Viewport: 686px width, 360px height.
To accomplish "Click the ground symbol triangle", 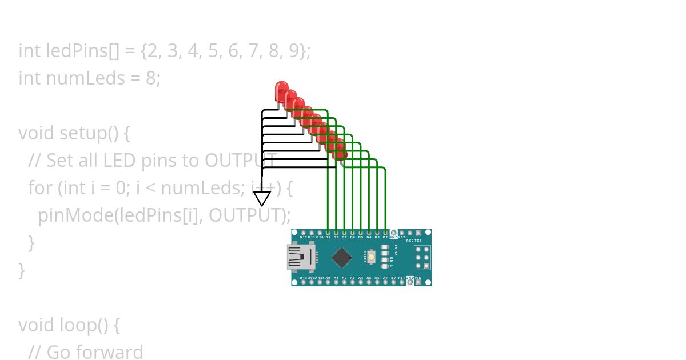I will coord(262,198).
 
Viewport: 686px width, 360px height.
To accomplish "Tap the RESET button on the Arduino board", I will coord(372,257).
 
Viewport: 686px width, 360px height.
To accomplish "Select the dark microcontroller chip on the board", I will coord(341,257).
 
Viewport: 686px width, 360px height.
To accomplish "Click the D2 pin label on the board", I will coord(385,237).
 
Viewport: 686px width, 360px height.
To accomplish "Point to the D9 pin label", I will coord(328,237).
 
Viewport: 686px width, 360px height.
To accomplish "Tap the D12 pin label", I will coord(303,237).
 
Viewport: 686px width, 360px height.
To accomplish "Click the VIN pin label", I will coord(418,278).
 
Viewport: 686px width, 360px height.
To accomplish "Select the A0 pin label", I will coord(328,278).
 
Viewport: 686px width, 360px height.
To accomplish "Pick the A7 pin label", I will coord(385,278).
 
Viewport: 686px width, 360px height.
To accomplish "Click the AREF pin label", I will coord(320,278).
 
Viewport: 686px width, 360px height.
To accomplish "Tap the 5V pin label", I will coord(393,278).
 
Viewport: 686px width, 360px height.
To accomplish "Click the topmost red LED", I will coord(281,90).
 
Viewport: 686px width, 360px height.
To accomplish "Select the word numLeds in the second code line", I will coord(85,78).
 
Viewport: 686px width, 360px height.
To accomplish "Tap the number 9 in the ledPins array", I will coord(293,51).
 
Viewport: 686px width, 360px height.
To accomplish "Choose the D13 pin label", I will coord(303,278).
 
